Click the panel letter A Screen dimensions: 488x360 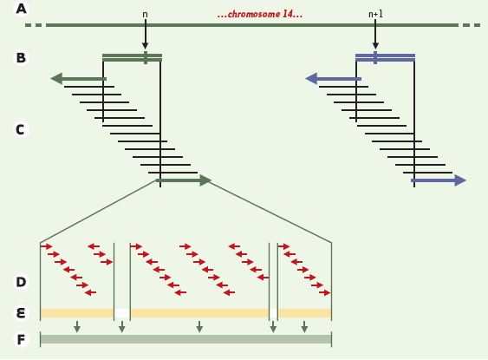(x=21, y=9)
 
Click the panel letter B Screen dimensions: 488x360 (x=21, y=57)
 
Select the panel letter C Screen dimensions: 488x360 (x=20, y=129)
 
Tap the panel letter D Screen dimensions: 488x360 (x=21, y=282)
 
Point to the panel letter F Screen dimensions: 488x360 (x=21, y=339)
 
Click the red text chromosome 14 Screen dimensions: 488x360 (x=260, y=14)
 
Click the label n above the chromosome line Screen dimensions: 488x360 (x=145, y=15)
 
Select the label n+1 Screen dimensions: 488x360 (x=375, y=14)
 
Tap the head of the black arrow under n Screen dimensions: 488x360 (x=145, y=46)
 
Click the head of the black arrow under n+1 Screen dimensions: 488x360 (x=375, y=46)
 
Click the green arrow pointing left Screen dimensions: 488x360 (x=78, y=79)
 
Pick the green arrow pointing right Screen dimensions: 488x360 (x=184, y=180)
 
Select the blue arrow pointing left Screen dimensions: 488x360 (x=334, y=79)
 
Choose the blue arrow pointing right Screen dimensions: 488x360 (x=439, y=180)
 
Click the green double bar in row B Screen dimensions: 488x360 (x=132, y=57)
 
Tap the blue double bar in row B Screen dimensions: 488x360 (x=386, y=57)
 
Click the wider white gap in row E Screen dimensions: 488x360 (x=122, y=313)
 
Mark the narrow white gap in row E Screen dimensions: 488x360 (x=273, y=313)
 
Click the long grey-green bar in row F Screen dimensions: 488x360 (x=185, y=339)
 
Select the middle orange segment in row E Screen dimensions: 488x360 (x=199, y=313)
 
